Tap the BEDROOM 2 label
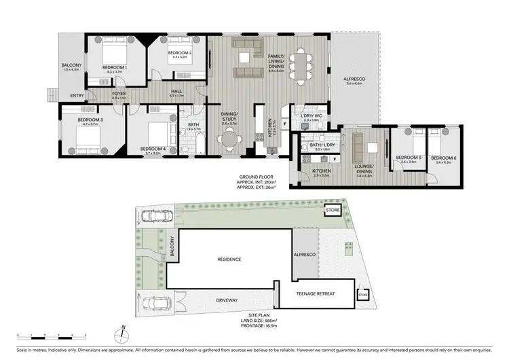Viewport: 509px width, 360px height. coord(180,53)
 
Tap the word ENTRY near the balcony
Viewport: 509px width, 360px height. coord(77,95)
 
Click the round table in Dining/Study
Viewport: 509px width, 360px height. coord(227,140)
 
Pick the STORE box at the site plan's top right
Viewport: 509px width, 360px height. coord(333,211)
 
